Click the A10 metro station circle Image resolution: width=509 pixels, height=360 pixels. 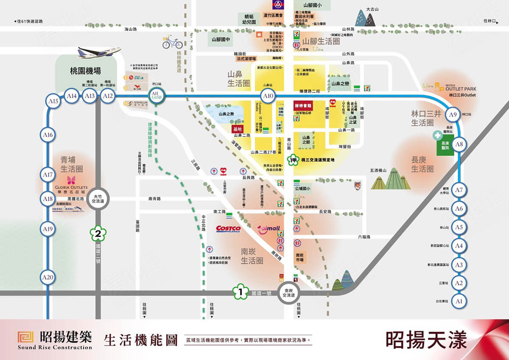point(268,96)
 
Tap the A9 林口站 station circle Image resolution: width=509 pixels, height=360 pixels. point(453,115)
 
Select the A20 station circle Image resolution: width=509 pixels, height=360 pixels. point(48,278)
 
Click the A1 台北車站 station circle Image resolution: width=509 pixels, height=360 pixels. point(459,301)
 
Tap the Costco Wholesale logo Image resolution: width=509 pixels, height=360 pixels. point(228,229)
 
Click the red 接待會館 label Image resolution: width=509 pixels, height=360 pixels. point(303,104)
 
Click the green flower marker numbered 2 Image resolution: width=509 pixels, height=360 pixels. point(98,233)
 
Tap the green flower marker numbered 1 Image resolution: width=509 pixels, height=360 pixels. point(241,292)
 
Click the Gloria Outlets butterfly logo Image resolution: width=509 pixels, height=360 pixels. point(71,180)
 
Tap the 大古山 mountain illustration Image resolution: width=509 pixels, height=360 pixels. point(365,18)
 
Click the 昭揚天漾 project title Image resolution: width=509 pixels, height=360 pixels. point(426,340)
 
